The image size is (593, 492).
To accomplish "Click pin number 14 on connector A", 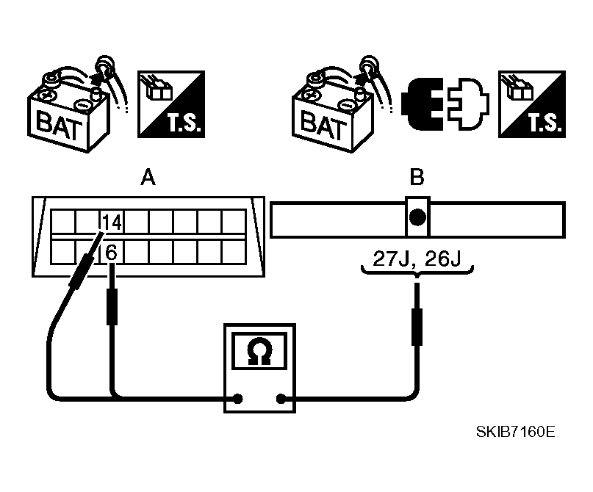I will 112,222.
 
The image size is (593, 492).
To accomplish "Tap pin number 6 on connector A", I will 111,252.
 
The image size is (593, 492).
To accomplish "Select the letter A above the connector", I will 147,178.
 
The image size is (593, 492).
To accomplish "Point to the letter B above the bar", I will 417,178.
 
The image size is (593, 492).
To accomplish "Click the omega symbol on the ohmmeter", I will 258,354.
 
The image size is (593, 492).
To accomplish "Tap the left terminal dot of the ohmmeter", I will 238,399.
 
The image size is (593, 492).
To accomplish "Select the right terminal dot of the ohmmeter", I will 281,399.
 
